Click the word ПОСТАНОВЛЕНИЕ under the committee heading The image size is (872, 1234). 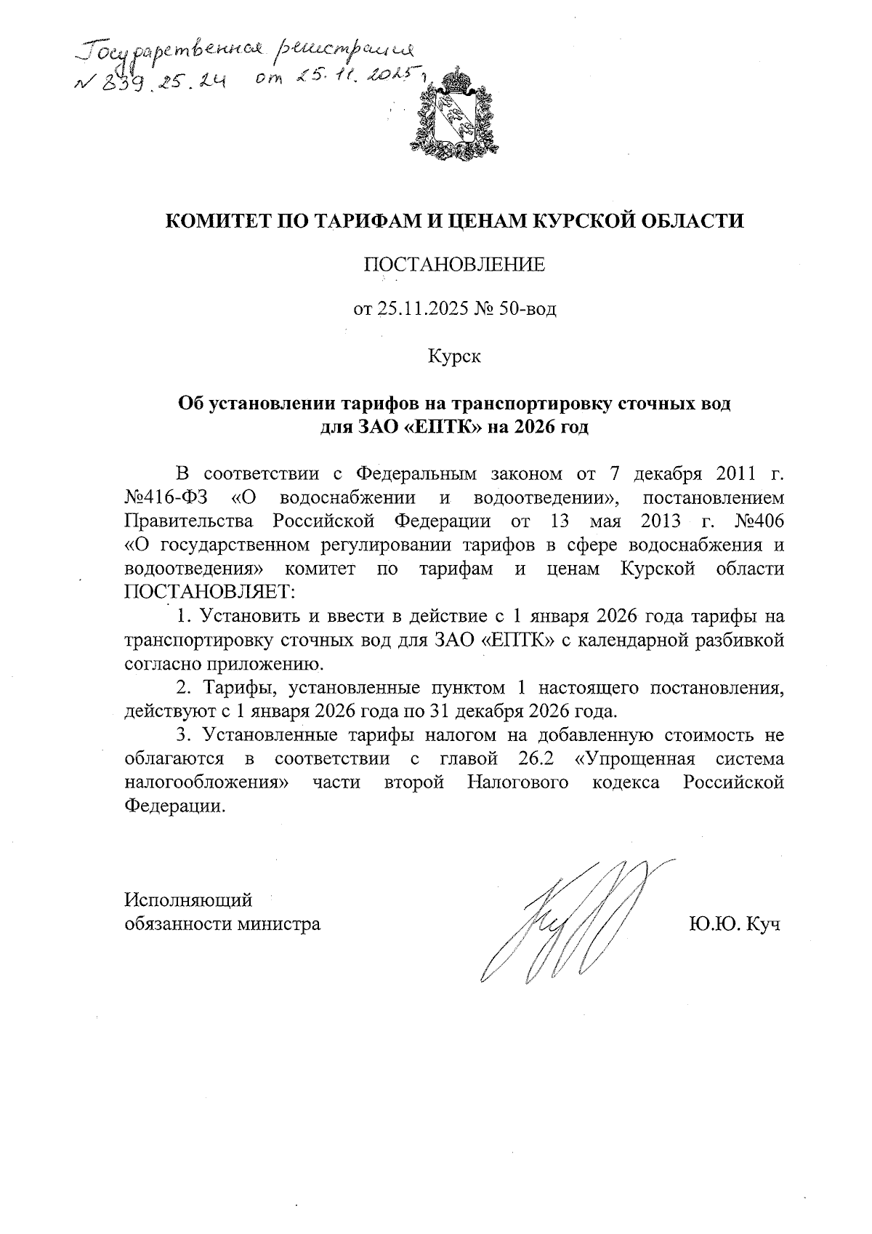(454, 265)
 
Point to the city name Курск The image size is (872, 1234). (454, 356)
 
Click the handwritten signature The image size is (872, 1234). (567, 920)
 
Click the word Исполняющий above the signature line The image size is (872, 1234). (188, 900)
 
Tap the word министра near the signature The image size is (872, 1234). (278, 924)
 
